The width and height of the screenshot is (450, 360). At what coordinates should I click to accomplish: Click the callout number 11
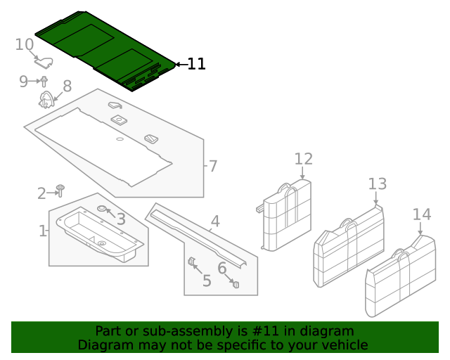[196, 64]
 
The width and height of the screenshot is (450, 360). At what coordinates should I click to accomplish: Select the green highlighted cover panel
[105, 49]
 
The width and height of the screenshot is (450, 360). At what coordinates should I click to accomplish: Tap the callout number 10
[25, 44]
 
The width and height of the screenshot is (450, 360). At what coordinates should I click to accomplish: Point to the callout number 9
[23, 82]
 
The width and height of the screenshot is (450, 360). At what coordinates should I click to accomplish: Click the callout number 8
[67, 86]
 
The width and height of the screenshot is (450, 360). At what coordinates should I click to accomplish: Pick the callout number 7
[212, 167]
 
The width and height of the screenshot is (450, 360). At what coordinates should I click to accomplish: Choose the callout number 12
[303, 158]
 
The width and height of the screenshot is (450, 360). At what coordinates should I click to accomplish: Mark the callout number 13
[378, 184]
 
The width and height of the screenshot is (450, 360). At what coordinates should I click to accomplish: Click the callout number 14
[421, 214]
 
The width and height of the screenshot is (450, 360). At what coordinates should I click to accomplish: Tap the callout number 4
[215, 221]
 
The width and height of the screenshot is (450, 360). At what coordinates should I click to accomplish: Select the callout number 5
[207, 281]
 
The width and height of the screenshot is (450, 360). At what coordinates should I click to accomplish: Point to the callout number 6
[222, 268]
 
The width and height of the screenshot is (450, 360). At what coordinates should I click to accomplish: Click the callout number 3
[121, 219]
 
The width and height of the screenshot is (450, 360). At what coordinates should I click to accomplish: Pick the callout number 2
[41, 193]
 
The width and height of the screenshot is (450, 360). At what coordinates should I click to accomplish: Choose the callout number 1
[43, 231]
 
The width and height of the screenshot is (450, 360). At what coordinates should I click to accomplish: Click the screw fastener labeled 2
[60, 191]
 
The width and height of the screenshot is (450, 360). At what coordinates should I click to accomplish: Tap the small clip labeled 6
[236, 284]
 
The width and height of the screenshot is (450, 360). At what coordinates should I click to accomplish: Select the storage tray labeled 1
[98, 236]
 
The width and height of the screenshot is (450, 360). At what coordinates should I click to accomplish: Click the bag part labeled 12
[286, 214]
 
